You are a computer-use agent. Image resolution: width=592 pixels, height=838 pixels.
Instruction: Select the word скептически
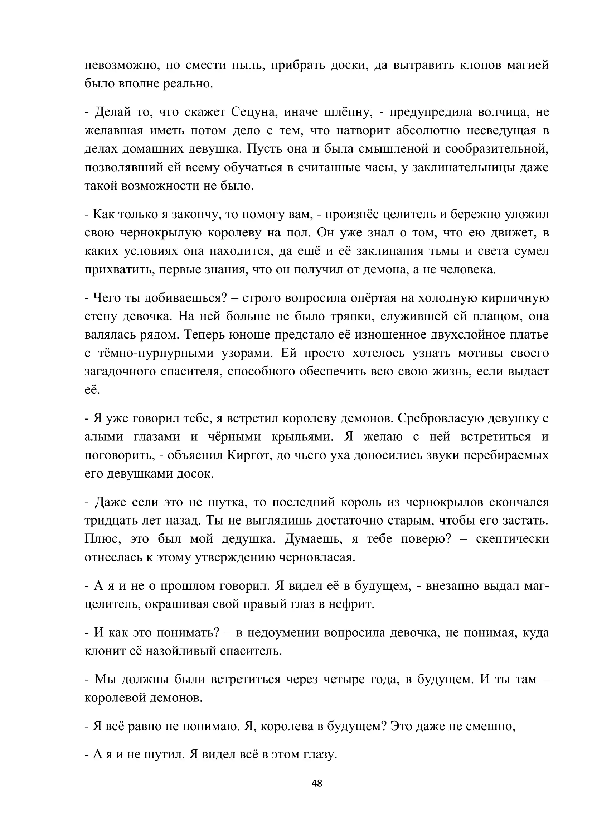click(x=512, y=539)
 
